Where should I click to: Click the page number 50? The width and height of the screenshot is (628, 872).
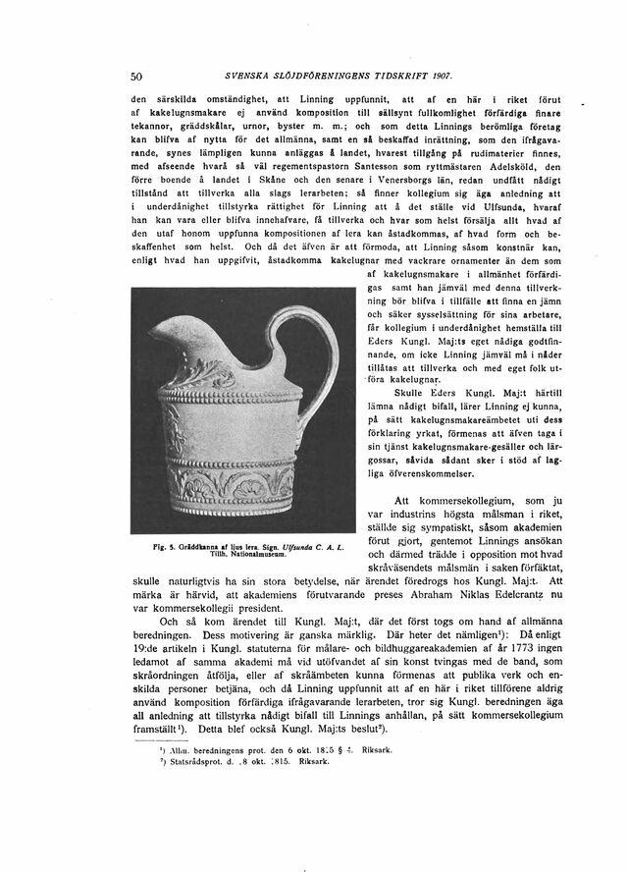click(x=137, y=77)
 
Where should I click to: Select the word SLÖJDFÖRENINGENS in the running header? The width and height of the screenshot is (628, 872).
click(x=322, y=77)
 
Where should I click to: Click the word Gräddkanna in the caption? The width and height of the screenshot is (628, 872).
click(x=203, y=544)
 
